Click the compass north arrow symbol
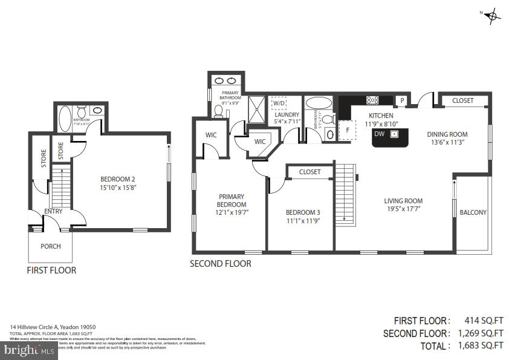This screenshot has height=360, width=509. [492, 16]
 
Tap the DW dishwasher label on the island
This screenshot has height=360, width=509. [379, 134]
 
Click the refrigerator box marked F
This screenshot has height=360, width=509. [347, 129]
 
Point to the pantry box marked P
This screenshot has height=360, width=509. [401, 100]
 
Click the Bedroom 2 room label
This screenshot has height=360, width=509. [117, 179]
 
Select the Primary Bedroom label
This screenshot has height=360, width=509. [232, 200]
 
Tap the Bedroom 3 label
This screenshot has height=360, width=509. [303, 212]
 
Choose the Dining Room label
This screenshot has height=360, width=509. [447, 134]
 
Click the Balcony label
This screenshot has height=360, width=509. [473, 212]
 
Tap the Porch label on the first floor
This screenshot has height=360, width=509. [50, 246]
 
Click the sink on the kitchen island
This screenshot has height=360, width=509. [394, 134]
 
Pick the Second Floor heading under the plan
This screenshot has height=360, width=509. [220, 264]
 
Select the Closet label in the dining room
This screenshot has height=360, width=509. [463, 100]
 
